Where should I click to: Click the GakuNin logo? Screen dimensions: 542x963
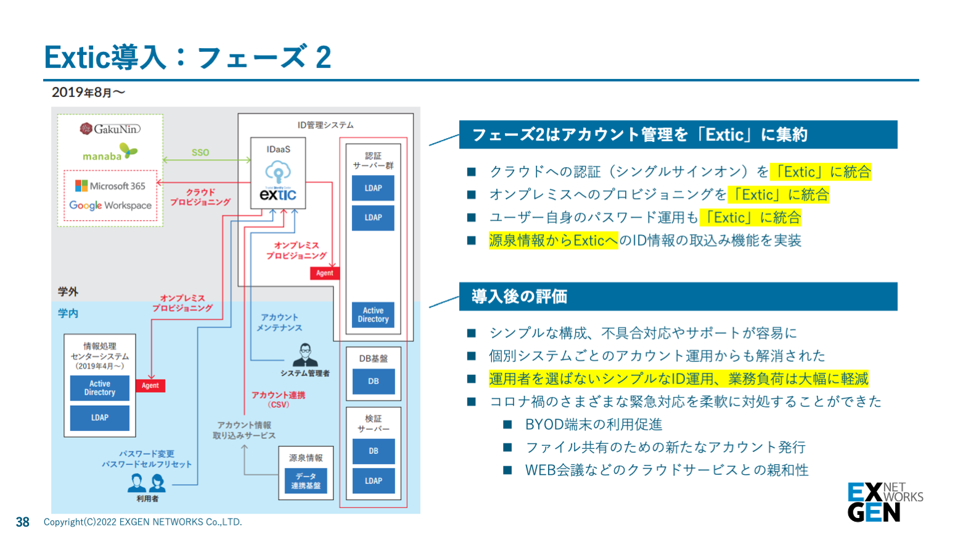(110, 129)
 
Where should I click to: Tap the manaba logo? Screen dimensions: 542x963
(110, 153)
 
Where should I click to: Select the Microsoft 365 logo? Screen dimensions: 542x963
(110, 186)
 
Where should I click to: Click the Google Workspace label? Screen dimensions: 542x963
(110, 205)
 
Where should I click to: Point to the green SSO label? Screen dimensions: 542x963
(200, 152)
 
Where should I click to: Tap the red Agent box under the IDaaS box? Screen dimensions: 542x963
(324, 273)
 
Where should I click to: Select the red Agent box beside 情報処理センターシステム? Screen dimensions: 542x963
(150, 385)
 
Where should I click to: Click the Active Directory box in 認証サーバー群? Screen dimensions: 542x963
(373, 315)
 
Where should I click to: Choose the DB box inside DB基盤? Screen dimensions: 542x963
(373, 381)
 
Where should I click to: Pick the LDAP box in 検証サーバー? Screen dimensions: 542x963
(373, 481)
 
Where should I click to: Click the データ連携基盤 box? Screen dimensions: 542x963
(306, 481)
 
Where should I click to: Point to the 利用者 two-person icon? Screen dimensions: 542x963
(147, 483)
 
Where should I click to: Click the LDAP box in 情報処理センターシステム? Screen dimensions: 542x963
(100, 417)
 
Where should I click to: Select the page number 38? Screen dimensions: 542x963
(23, 522)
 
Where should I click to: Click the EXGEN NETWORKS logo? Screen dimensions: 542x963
(884, 502)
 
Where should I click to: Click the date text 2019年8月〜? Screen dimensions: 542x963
(88, 92)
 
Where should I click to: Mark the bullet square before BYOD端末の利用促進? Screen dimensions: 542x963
(507, 424)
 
